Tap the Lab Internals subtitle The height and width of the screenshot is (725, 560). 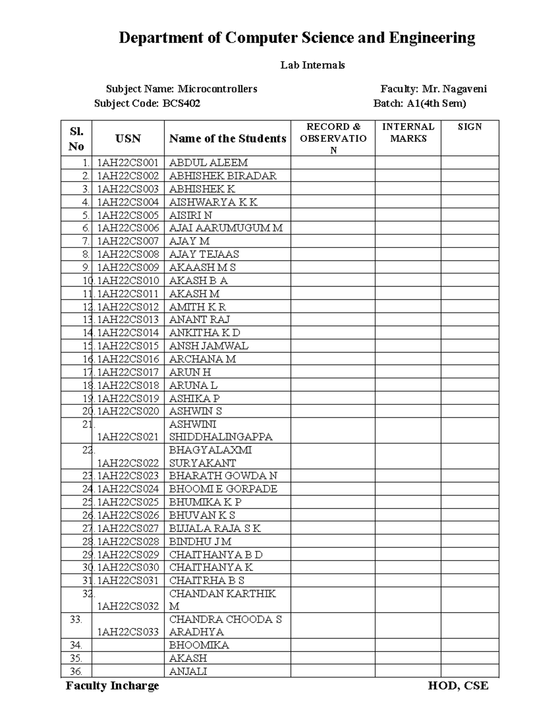pyautogui.click(x=312, y=65)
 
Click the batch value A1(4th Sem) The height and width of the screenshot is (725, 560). pyautogui.click(x=436, y=103)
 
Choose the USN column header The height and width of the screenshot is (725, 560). pyautogui.click(x=128, y=138)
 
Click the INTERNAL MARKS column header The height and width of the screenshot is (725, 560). pyautogui.click(x=408, y=133)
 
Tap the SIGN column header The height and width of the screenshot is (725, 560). pyautogui.click(x=469, y=127)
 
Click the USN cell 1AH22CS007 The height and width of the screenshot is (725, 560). pyautogui.click(x=128, y=241)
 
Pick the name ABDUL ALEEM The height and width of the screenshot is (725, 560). pyautogui.click(x=208, y=163)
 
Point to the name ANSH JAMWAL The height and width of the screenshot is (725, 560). pyautogui.click(x=209, y=346)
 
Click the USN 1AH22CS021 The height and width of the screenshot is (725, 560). pyautogui.click(x=128, y=437)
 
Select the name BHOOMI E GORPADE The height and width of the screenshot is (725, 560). pyautogui.click(x=223, y=489)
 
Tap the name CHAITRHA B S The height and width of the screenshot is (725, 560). pyautogui.click(x=207, y=580)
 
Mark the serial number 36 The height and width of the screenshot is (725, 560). pyautogui.click(x=76, y=671)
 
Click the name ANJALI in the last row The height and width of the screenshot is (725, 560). pyautogui.click(x=188, y=671)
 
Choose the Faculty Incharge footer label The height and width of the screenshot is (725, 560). pyautogui.click(x=112, y=686)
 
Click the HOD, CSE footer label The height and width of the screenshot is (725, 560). pyautogui.click(x=458, y=686)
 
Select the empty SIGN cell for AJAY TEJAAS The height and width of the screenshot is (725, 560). pyautogui.click(x=469, y=254)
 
